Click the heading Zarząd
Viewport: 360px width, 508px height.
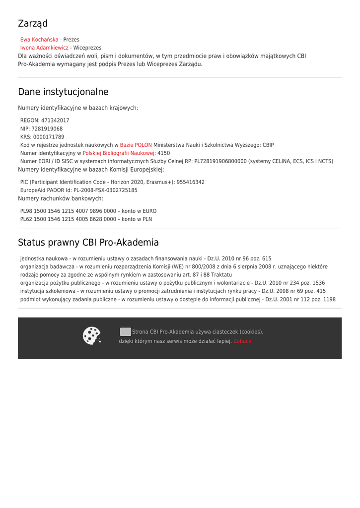(33, 24)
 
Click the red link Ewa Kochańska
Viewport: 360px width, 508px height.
(39, 40)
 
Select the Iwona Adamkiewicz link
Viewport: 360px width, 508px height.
(44, 48)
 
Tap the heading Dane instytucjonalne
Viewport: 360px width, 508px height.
(63, 92)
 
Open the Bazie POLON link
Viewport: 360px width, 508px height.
(136, 145)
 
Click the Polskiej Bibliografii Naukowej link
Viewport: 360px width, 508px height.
(119, 153)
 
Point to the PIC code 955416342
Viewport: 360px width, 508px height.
(190, 182)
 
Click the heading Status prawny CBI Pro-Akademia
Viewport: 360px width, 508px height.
(88, 243)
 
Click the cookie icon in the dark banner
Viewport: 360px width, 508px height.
(92, 336)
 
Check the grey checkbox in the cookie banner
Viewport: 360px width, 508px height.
(126, 331)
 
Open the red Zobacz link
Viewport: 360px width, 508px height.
(242, 341)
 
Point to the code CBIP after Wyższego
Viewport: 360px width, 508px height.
(268, 145)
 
